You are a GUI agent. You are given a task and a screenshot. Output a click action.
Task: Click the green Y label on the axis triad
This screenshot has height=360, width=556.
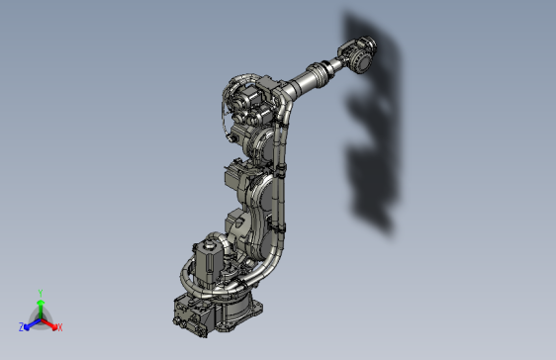(40, 292)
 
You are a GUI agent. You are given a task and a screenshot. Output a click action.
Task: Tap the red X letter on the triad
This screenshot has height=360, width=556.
(59, 326)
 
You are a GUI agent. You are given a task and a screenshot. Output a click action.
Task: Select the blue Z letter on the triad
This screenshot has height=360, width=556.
(22, 326)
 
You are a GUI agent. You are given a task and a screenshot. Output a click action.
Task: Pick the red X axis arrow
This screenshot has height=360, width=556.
(50, 322)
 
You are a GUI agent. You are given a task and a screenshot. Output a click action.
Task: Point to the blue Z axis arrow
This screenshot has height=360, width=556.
(31, 322)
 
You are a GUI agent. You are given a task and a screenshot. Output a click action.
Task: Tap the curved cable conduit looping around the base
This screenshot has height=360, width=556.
(257, 265)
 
